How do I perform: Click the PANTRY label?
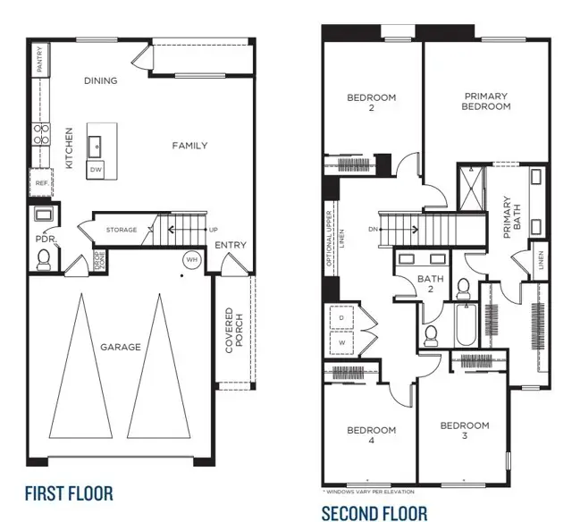coord(39,60)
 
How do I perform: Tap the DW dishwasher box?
coord(95,168)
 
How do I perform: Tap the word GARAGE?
coord(120,347)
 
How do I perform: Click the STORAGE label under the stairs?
coord(122,230)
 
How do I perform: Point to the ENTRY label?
coord(231,245)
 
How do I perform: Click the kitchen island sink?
coord(95,144)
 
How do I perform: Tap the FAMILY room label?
coord(189,146)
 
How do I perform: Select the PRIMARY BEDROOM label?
coord(486,101)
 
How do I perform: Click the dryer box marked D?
coord(342,317)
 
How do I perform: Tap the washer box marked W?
coord(342,341)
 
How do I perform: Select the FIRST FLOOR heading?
coord(69,493)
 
